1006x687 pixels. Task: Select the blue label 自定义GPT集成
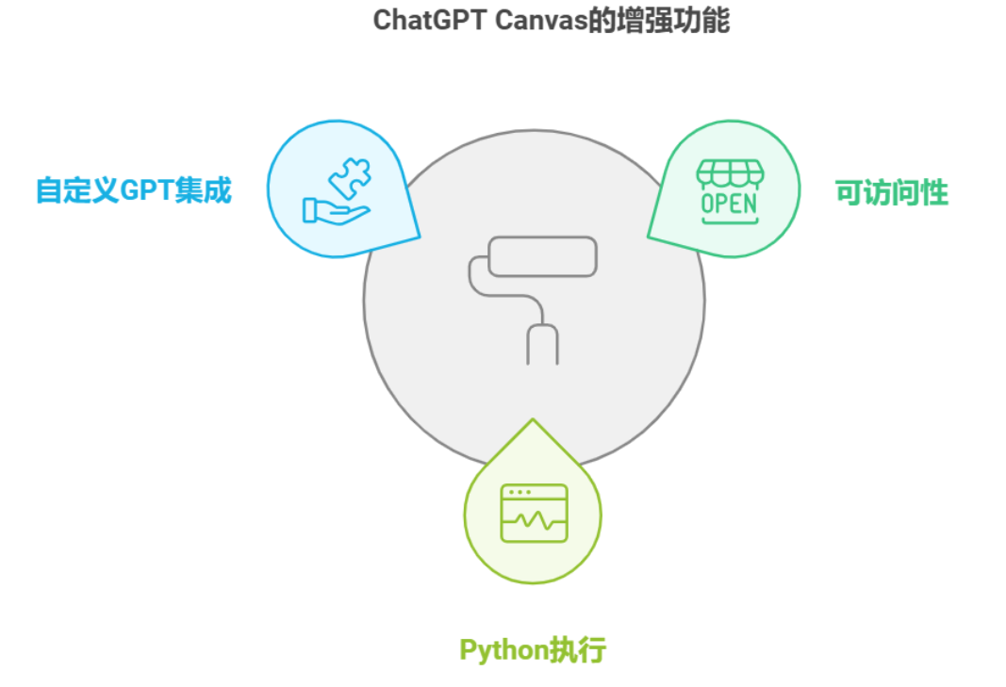pos(133,190)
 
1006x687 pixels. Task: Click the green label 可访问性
pos(891,193)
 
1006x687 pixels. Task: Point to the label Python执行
pos(532,649)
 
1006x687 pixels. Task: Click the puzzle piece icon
pos(351,178)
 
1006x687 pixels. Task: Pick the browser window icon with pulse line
pos(534,513)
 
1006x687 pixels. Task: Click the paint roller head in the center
pos(543,255)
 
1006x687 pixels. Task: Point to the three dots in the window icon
pos(519,492)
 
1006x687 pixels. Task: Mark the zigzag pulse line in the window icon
pos(535,519)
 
